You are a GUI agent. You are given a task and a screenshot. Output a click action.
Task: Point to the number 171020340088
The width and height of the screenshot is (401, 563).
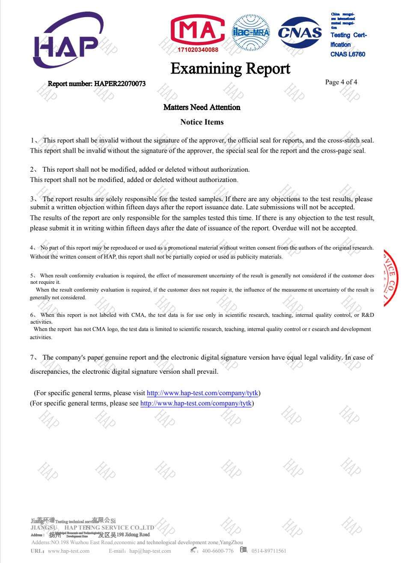(x=198, y=50)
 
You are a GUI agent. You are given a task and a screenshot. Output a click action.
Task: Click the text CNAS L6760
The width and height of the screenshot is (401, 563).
(x=348, y=54)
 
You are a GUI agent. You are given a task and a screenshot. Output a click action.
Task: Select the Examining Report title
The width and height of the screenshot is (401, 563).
(x=230, y=69)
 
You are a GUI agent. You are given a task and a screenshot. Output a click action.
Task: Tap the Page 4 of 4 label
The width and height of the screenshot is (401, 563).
(x=341, y=82)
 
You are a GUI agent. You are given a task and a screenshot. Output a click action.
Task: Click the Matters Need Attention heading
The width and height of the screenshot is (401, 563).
(x=202, y=107)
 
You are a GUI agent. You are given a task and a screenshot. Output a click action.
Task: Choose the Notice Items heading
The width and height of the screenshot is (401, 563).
(x=202, y=122)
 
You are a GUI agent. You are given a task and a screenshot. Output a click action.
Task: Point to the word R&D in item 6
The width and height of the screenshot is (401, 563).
(x=368, y=315)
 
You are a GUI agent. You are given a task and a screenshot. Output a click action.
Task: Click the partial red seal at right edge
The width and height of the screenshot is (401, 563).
(x=391, y=277)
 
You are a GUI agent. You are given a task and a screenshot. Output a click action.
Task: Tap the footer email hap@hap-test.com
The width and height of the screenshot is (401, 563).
(x=150, y=551)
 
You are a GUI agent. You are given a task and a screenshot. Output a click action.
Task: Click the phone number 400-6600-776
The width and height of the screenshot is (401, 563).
(x=217, y=551)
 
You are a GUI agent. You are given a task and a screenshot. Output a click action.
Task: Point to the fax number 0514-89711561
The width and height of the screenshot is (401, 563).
(x=269, y=551)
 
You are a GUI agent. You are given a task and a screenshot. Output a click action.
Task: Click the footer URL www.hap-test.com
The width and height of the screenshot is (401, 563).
(x=68, y=551)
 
